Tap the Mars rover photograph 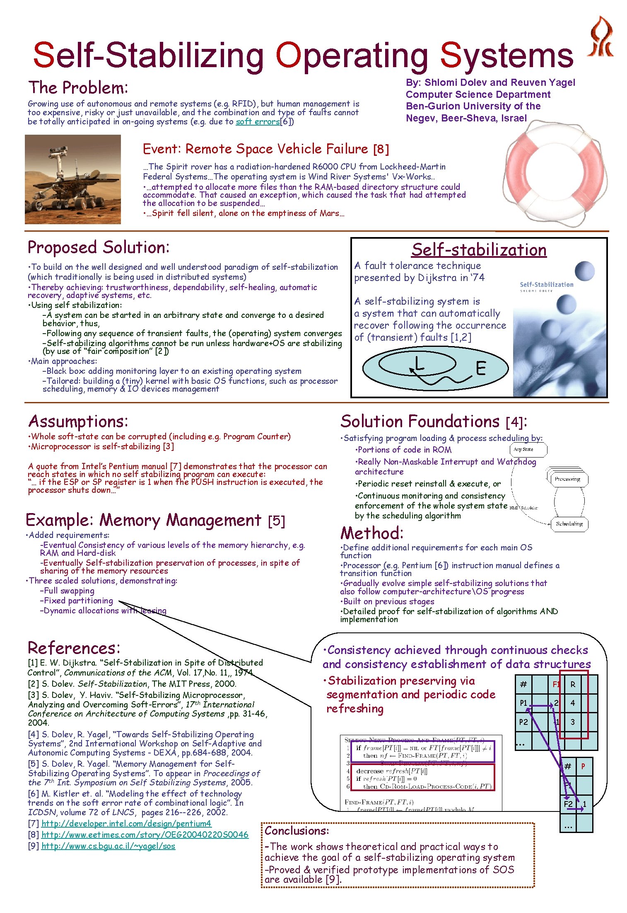[73, 179]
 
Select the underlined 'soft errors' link [258, 121]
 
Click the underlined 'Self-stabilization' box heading [479, 249]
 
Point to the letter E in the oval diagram [480, 368]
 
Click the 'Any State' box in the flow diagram [528, 450]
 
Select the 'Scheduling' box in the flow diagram [569, 524]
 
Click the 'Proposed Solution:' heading [99, 247]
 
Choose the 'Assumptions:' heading [78, 421]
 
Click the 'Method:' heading [371, 533]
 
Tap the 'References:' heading [74, 648]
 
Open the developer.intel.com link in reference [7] [126, 823]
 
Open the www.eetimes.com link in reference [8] [145, 835]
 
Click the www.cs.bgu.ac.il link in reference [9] [108, 846]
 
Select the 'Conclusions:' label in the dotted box [297, 831]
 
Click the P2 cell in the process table [523, 722]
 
